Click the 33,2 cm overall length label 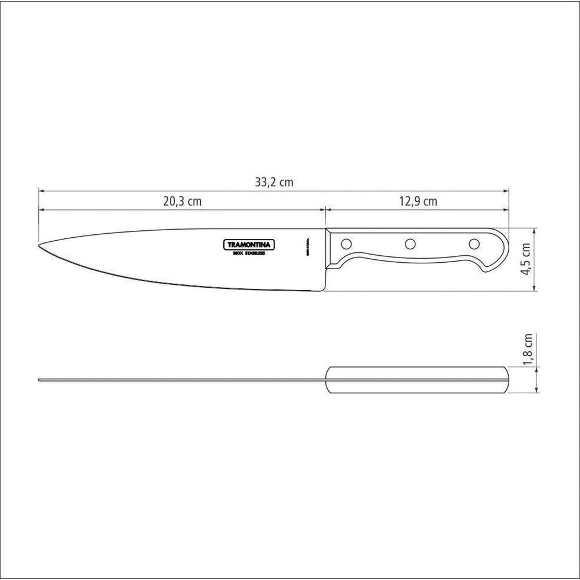coord(274,182)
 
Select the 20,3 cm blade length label coord(182,202)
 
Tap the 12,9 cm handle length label coord(418,202)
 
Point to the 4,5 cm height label coord(526,259)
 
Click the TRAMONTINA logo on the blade coord(249,245)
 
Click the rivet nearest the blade coord(346,244)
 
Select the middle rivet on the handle coord(410,244)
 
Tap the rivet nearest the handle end coord(474,244)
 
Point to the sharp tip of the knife coord(39,245)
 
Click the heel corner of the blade coord(325,290)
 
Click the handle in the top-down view coord(418,380)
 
